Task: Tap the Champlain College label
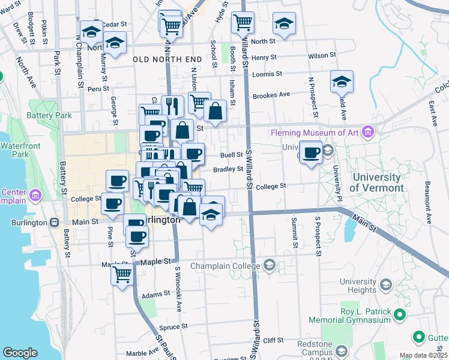pos(226,265)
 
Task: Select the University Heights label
pos(366,286)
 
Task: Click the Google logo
pos(20,353)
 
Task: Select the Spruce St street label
pos(174,328)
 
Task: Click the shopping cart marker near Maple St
pos(122,275)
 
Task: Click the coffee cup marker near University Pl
pos(310,152)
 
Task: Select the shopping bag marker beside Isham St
pos(215,110)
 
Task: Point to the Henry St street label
pos(264,57)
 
